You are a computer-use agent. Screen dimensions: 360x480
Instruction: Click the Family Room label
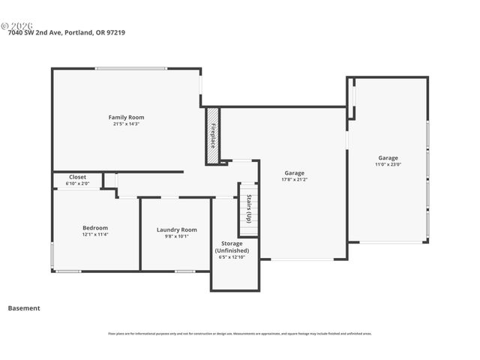coord(126,117)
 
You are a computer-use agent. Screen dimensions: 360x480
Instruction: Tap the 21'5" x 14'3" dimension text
coord(126,124)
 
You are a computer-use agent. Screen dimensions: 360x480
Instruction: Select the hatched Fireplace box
coord(212,136)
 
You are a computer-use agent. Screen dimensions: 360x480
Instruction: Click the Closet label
coord(77,177)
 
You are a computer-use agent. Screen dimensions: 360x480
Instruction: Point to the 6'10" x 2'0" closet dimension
coord(77,183)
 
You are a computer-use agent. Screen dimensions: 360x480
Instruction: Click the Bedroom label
coord(95,227)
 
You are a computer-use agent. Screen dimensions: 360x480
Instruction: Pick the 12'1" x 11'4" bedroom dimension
coord(95,234)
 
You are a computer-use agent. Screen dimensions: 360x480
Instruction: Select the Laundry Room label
coord(176,229)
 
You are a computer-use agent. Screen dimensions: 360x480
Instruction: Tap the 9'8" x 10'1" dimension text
coord(176,236)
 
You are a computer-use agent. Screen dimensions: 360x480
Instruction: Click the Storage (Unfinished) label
coord(232,247)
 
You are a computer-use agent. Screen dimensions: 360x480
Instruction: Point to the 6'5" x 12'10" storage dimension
coord(232,257)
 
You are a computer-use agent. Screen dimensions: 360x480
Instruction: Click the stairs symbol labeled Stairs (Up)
coord(248,206)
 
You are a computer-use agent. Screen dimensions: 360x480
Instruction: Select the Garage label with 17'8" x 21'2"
coord(294,172)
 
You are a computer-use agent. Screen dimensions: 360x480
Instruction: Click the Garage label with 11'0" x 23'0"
coord(388,157)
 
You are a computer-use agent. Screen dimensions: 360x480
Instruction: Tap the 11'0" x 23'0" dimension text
coord(388,164)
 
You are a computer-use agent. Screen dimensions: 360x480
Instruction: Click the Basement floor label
coord(24,307)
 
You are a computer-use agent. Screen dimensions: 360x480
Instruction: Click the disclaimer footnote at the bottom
coord(240,334)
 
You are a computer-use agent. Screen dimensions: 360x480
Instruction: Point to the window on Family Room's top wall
coord(130,69)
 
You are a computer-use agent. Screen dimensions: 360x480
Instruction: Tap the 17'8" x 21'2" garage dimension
coord(294,179)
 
